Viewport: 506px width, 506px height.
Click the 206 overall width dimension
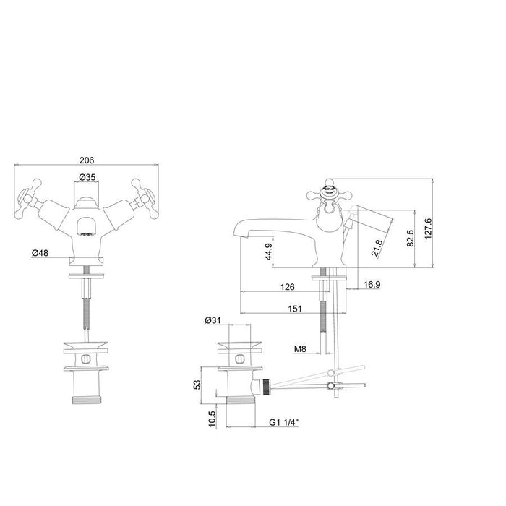coord(87,160)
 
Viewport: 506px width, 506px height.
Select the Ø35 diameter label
coord(87,177)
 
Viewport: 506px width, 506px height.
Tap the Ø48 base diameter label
coord(40,253)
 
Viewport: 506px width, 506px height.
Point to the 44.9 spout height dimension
coord(268,252)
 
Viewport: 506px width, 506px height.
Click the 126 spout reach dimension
coord(287,286)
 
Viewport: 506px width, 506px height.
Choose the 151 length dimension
coord(295,309)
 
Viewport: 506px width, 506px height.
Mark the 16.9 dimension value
coord(372,284)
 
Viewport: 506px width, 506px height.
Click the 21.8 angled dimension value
coord(377,248)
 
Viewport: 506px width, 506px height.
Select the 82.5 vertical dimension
coord(410,238)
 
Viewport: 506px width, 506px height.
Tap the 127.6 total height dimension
coord(428,228)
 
